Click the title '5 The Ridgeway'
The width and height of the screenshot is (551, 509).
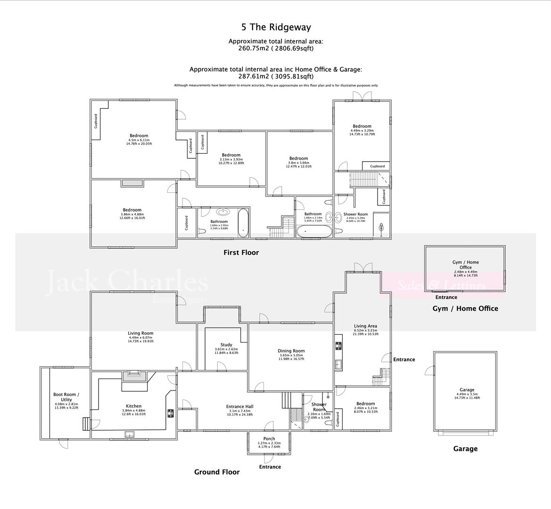[276, 27]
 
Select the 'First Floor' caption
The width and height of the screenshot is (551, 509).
[241, 253]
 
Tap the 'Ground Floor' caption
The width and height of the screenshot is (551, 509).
[217, 472]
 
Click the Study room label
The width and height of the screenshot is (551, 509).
[226, 345]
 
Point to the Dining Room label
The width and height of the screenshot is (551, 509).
[291, 351]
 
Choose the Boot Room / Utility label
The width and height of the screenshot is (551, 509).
[66, 397]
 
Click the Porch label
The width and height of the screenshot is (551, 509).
[269, 439]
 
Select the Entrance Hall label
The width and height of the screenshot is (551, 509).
[239, 406]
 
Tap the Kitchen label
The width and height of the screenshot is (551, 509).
[133, 406]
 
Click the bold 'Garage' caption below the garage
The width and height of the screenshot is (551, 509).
[465, 449]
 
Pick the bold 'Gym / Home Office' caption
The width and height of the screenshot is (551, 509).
[465, 309]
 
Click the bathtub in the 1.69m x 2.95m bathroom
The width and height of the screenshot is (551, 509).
[243, 222]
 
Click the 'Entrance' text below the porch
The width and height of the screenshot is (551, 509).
[270, 467]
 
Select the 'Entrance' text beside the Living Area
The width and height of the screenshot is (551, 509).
[404, 359]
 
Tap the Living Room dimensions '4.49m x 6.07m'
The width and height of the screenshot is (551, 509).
[140, 337]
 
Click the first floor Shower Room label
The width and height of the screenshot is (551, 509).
[355, 214]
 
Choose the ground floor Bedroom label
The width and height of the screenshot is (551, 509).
[365, 403]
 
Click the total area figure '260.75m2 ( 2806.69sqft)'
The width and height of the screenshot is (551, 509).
[276, 48]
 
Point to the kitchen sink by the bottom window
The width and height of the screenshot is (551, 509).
[129, 434]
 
